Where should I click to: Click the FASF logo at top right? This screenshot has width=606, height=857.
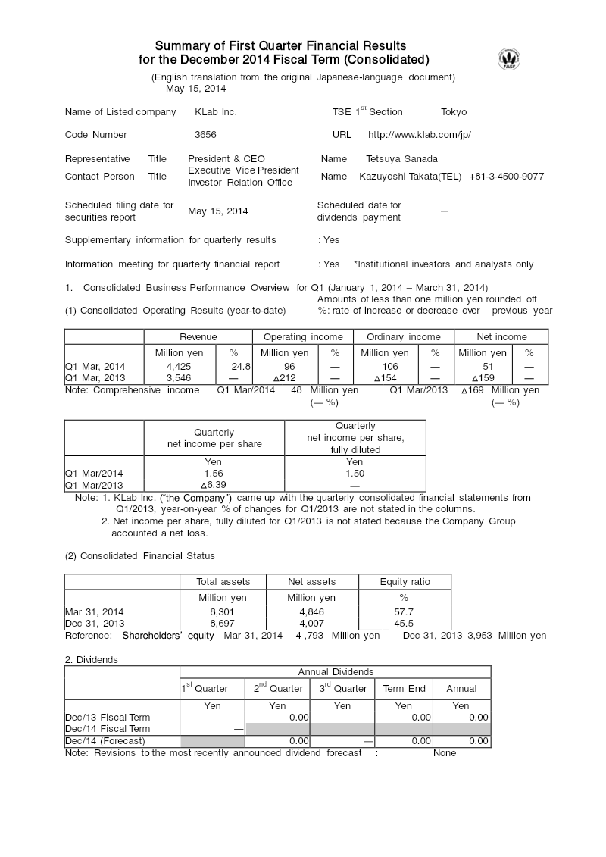[x=508, y=59]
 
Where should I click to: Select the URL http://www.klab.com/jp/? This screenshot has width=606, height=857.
[x=419, y=135]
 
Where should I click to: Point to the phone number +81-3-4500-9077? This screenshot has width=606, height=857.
[x=506, y=177]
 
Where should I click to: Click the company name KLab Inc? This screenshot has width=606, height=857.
[x=216, y=112]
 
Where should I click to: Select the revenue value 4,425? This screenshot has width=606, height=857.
[x=178, y=366]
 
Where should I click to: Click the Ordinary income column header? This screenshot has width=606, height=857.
[x=403, y=337]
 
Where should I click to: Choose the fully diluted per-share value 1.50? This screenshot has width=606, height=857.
[x=355, y=473]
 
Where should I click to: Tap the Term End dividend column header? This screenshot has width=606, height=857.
[x=404, y=689]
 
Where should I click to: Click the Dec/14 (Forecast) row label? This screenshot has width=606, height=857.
[x=105, y=741]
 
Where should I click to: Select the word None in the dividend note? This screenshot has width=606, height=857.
[x=445, y=753]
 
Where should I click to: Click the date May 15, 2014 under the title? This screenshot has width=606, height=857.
[x=196, y=89]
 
